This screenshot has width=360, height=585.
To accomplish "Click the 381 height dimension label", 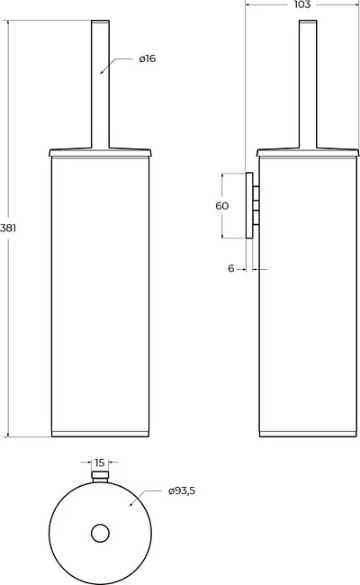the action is [8, 228].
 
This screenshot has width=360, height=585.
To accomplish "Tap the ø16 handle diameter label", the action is [148, 58].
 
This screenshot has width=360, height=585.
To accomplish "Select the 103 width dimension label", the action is [302, 4].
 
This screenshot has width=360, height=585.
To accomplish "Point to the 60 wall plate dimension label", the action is [222, 205].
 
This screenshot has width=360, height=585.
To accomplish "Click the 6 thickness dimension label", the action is [231, 268].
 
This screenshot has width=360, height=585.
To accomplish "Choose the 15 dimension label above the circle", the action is [100, 463].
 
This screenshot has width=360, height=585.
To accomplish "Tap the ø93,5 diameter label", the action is [182, 491].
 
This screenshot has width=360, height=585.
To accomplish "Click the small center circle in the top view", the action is [100, 534].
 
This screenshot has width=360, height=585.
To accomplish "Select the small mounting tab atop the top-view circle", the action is [100, 476].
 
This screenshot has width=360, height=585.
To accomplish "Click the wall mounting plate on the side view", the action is [249, 205].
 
